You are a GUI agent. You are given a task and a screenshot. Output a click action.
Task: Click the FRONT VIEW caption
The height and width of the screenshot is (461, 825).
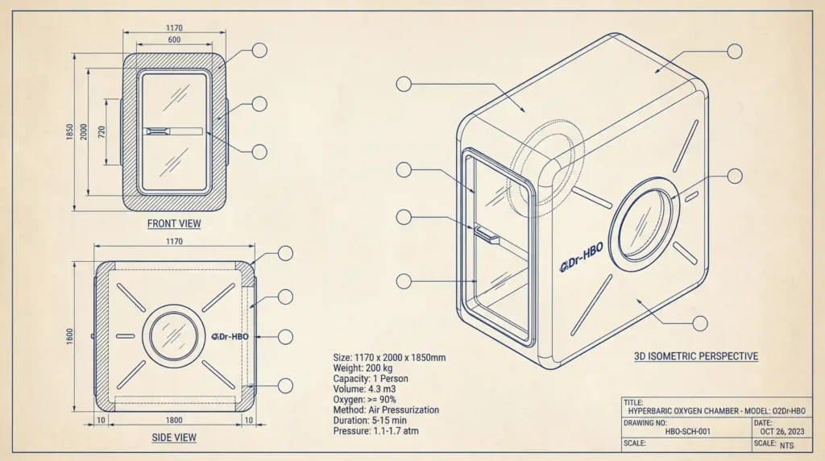tap(174, 223)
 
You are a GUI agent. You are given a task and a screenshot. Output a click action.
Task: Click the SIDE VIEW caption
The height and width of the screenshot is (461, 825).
tap(174, 438)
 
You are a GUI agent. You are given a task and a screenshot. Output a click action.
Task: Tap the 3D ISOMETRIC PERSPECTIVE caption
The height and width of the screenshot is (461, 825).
tap(696, 355)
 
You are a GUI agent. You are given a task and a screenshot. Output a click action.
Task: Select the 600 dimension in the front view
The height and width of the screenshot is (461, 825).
tap(174, 39)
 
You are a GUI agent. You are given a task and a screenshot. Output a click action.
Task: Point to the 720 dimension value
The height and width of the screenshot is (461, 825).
tap(102, 133)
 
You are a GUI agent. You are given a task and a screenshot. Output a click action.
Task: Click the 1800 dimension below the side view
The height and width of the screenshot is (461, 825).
tap(173, 421)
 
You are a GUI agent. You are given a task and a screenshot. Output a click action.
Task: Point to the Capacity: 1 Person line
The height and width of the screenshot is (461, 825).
tap(370, 378)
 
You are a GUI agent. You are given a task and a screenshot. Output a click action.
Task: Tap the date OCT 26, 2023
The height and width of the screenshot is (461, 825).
tap(781, 432)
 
